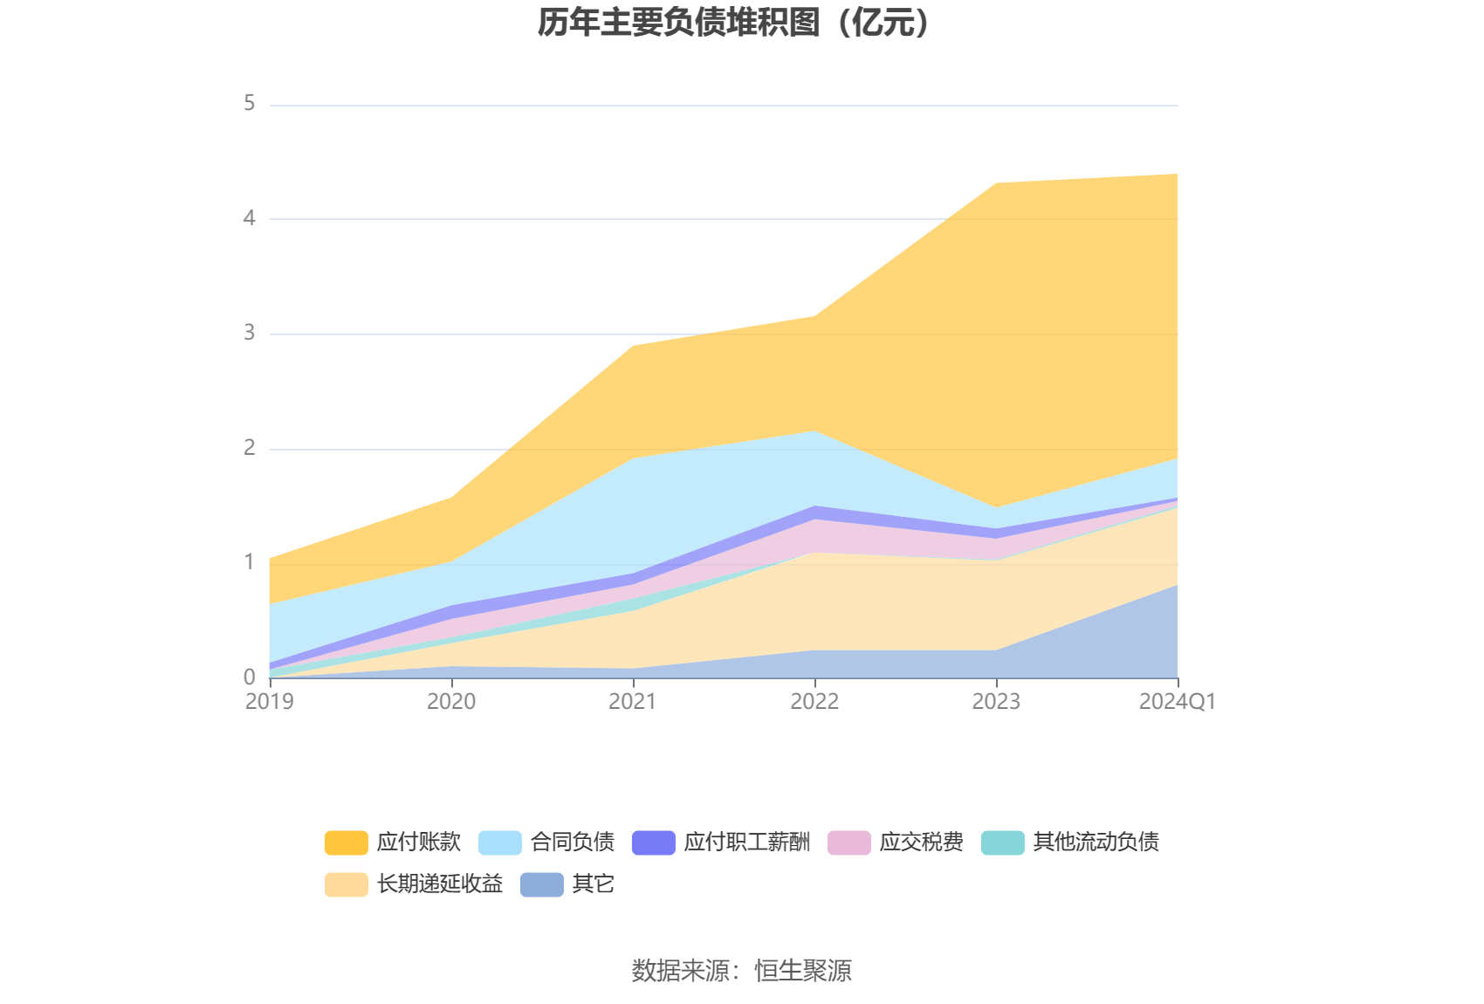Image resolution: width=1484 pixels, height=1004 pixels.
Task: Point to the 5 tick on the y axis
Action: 250,104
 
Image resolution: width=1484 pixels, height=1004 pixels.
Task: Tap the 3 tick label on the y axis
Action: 250,333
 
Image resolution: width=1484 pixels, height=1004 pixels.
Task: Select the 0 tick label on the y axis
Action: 250,677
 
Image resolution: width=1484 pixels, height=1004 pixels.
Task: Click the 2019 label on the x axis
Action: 270,702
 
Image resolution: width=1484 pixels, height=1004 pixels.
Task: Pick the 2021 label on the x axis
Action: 633,702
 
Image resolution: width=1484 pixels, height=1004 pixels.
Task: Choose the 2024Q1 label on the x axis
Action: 1177,702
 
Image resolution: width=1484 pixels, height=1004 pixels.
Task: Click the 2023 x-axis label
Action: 996,702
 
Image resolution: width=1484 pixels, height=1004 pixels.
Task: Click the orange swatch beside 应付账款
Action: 347,842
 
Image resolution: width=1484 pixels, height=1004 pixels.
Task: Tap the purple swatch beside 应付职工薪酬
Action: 654,842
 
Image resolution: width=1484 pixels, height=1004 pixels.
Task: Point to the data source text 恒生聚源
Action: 803,971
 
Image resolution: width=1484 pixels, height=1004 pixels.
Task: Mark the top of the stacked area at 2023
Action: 996,183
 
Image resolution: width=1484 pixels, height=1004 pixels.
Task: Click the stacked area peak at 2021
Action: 633,346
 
